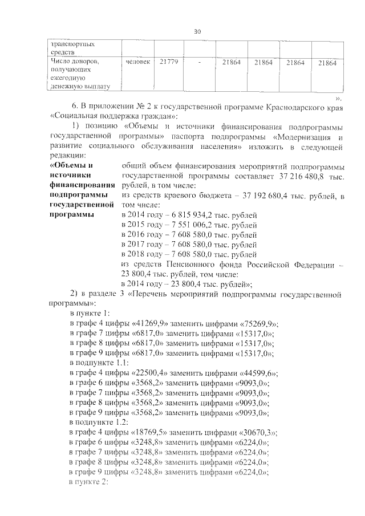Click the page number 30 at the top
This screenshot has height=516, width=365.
(197, 31)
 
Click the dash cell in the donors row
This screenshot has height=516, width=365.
(200, 62)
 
